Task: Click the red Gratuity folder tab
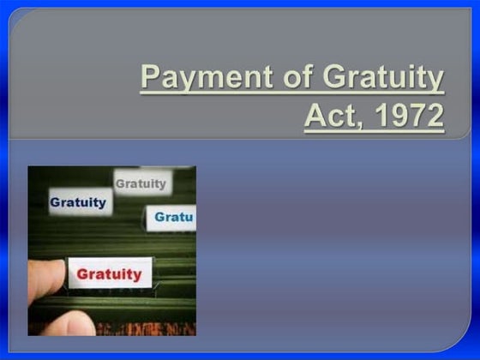point(110,274)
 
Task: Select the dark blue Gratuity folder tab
point(78,203)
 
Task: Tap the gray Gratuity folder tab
point(141,183)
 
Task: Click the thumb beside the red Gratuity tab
point(47,277)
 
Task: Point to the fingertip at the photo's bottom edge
point(72,325)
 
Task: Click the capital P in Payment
point(151,78)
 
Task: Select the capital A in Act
point(315,115)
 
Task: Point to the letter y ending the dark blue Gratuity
point(103,205)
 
